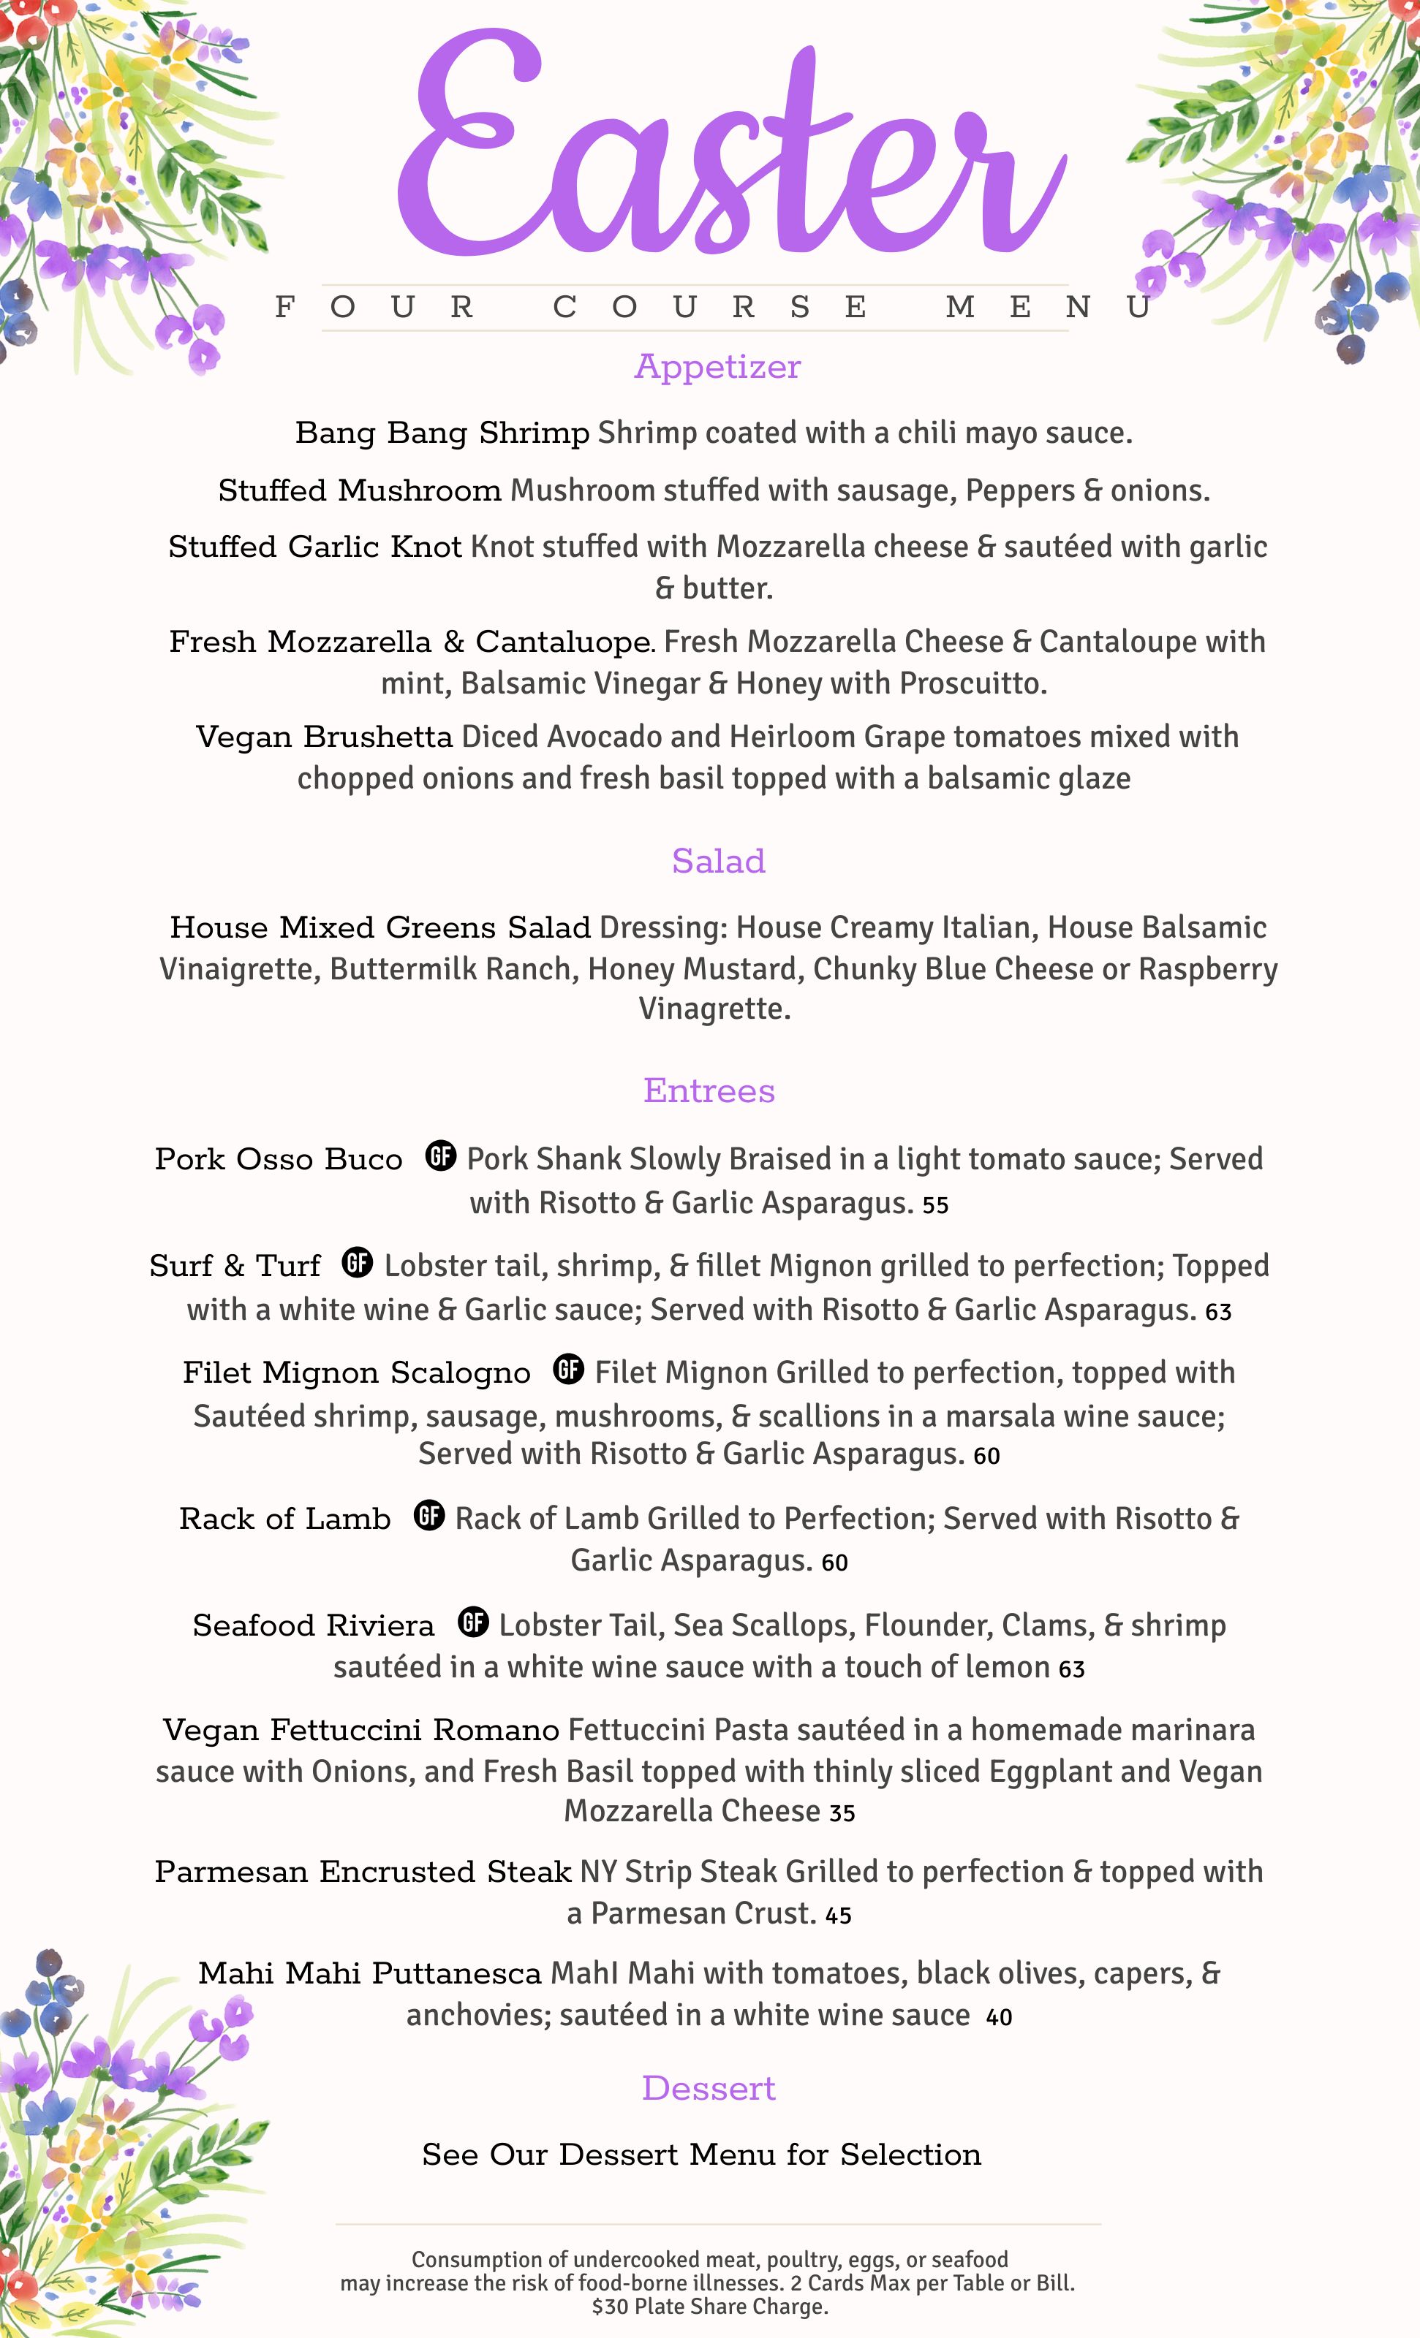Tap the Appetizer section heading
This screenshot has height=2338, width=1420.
pyautogui.click(x=717, y=366)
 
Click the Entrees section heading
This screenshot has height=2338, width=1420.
pyautogui.click(x=709, y=1090)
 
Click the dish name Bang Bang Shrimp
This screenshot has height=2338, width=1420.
pyautogui.click(x=442, y=433)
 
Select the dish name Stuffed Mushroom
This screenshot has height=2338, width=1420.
pyautogui.click(x=360, y=490)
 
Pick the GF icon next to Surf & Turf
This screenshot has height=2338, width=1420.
pyautogui.click(x=358, y=1262)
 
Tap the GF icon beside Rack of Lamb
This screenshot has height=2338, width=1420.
pyautogui.click(x=429, y=1515)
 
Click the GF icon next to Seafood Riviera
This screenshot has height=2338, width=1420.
pyautogui.click(x=474, y=1622)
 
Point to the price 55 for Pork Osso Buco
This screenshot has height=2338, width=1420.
pyautogui.click(x=936, y=1205)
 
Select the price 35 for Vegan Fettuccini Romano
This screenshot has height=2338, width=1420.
pyautogui.click(x=842, y=1813)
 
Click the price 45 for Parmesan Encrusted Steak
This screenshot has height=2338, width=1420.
pyautogui.click(x=838, y=1916)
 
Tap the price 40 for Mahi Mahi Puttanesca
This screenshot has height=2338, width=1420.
pyautogui.click(x=1000, y=2017)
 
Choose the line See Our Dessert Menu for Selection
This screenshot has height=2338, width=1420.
pyautogui.click(x=701, y=2155)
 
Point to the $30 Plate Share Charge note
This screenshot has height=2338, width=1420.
pyautogui.click(x=710, y=2307)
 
